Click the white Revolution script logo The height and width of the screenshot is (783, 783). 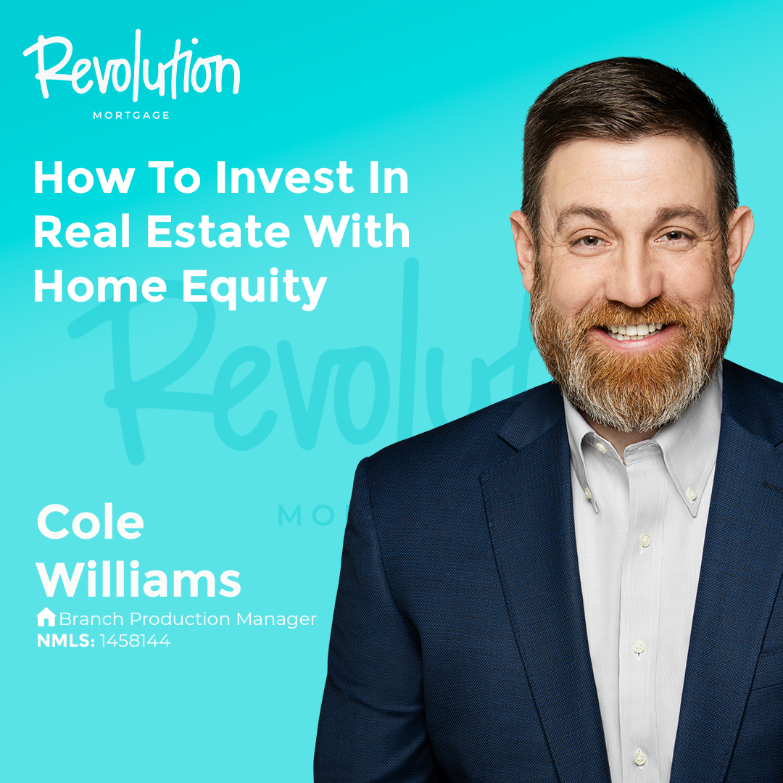[132, 67]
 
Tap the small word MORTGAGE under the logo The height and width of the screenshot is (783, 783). [131, 115]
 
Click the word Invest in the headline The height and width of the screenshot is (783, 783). [284, 178]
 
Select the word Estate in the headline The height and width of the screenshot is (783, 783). [218, 232]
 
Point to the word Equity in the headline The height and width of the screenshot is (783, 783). [254, 288]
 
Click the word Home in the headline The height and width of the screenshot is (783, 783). [100, 286]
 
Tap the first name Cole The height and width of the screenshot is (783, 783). [91, 522]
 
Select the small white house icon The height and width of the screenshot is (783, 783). [46, 617]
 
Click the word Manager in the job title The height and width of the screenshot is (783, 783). [276, 620]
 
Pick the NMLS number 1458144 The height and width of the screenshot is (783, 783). [135, 641]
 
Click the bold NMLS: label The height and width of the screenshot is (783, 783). [66, 641]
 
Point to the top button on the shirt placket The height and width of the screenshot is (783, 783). [645, 540]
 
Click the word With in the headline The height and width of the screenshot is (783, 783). [357, 232]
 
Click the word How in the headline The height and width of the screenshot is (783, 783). [84, 178]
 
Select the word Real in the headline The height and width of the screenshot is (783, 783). [82, 232]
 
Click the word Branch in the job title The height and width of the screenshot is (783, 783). [91, 619]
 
